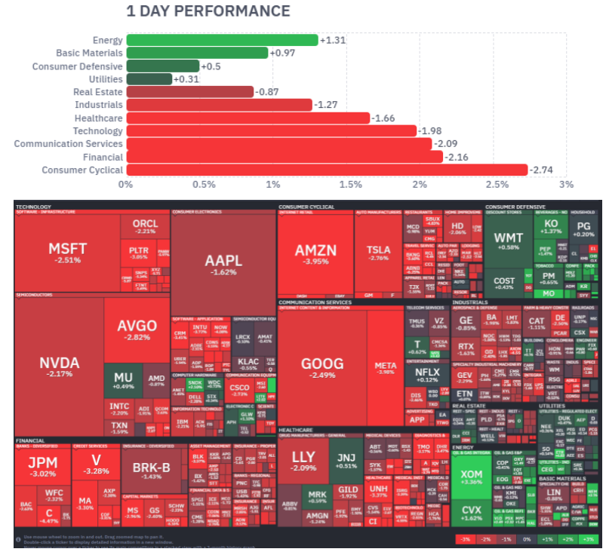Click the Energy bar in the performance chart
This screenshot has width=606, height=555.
pos(222,40)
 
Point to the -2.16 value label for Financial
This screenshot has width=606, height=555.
pos(457,157)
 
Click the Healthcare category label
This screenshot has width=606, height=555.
pos(98,118)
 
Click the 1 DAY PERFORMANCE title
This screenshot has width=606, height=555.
pos(208,11)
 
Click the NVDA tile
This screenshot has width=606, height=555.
pos(59,366)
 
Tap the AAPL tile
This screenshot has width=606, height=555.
pos(223,264)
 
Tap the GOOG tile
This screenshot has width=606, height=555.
pos(322,367)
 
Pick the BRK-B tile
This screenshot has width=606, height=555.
pos(152,471)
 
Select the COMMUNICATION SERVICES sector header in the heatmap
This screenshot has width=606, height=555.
pos(315,302)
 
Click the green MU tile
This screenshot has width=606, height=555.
pos(123,381)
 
